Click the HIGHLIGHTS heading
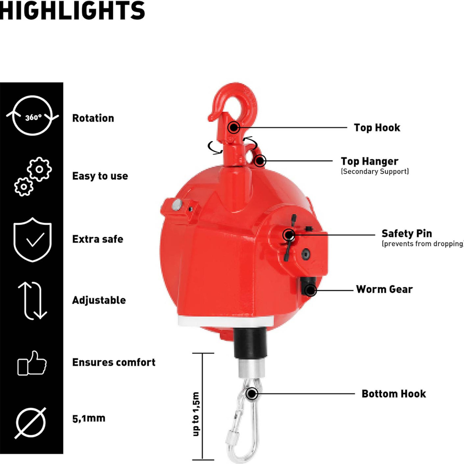(72, 10)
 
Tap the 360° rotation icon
(32, 115)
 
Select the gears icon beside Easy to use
(33, 177)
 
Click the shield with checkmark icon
(32, 240)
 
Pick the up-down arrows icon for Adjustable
(32, 300)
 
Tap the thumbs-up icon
(32, 363)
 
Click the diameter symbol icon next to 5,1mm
(31, 423)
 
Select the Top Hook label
(377, 128)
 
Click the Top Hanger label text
(370, 161)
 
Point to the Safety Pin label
(407, 233)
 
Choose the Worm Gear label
(385, 289)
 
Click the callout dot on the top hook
(233, 127)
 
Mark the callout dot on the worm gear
(310, 290)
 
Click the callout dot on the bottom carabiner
(252, 394)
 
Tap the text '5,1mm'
(89, 419)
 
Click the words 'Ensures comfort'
(114, 362)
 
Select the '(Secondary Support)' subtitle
(375, 171)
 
